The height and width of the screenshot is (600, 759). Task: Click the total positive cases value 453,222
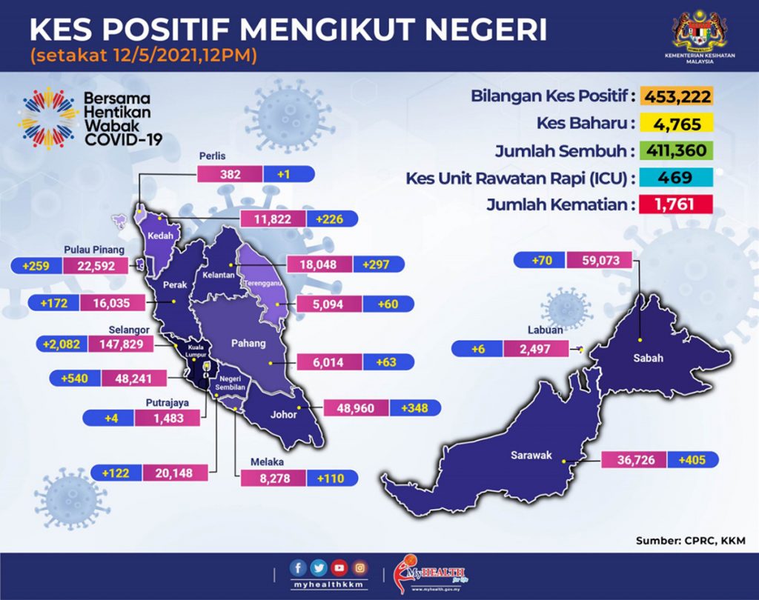677,96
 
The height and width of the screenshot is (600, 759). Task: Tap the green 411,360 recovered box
677,150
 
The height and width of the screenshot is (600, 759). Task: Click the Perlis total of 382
230,174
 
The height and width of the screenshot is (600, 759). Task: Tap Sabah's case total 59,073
599,261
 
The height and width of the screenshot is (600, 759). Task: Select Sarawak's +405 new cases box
692,460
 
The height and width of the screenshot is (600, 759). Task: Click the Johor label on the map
284,415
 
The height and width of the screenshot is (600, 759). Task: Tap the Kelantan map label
219,275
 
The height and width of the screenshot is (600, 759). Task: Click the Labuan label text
545,331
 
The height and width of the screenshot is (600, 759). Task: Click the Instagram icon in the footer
359,568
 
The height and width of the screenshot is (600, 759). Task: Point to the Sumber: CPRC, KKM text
690,541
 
